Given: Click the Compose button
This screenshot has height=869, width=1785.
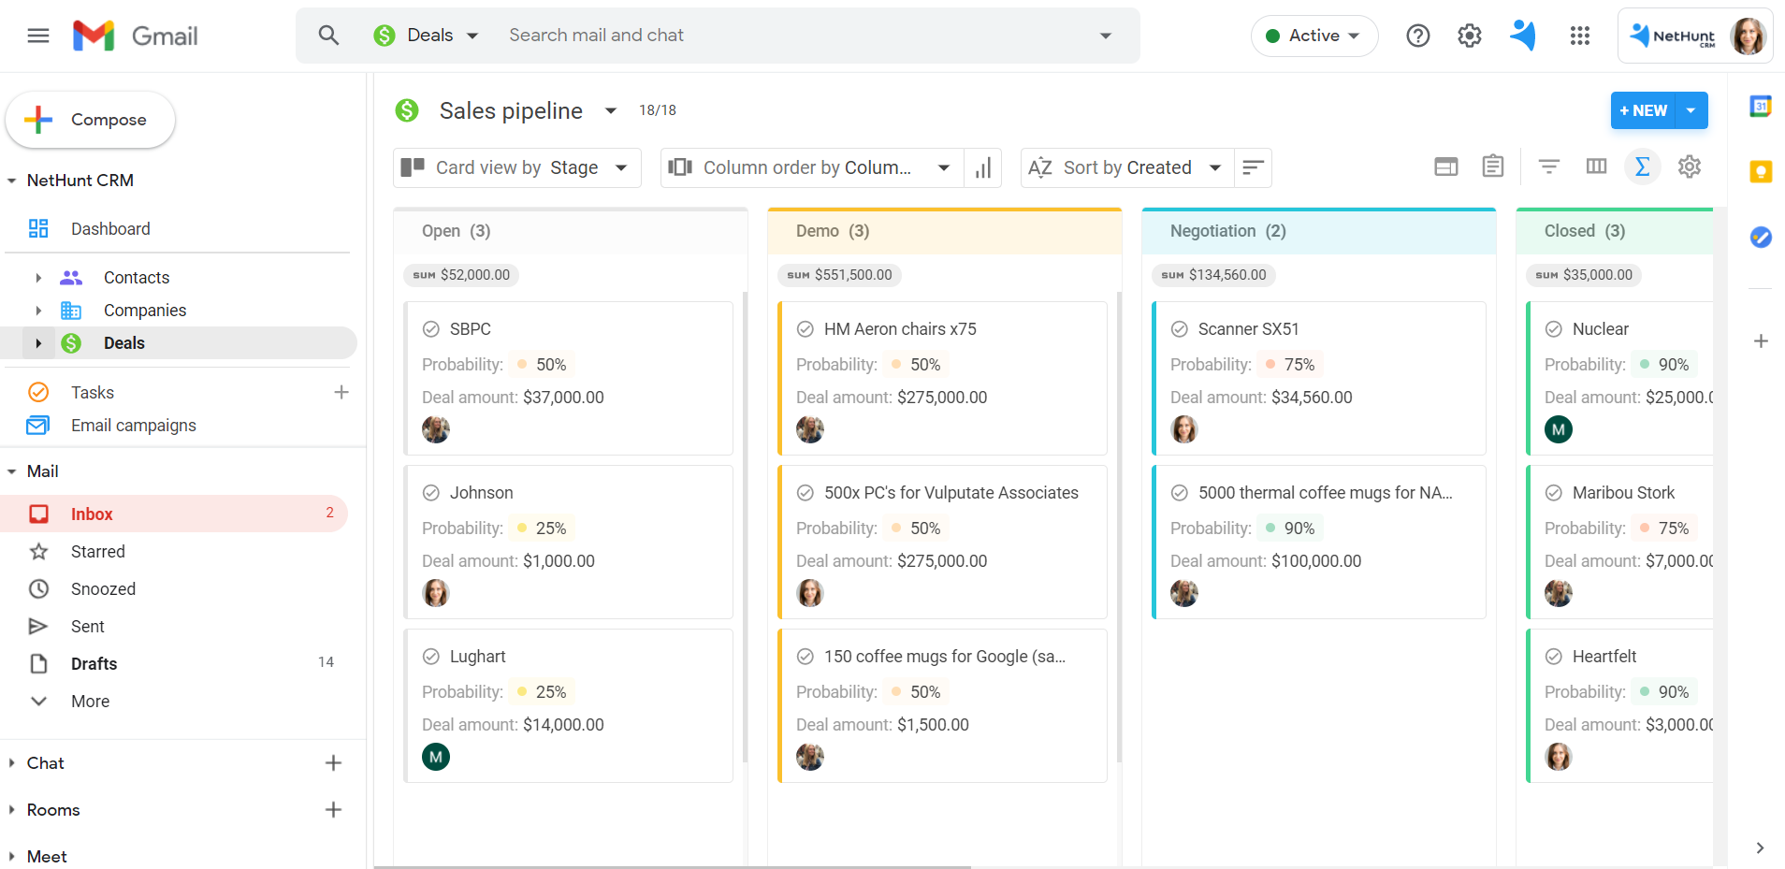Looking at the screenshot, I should point(91,120).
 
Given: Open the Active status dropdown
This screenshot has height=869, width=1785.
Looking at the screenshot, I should point(1313,36).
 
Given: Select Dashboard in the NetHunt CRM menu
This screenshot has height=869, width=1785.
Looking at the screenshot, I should point(109,229).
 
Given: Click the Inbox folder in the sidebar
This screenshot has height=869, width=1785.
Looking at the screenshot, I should point(92,514).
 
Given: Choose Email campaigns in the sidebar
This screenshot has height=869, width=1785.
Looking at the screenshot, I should point(133,426).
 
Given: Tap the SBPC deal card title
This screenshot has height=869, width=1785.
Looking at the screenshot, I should point(470,329).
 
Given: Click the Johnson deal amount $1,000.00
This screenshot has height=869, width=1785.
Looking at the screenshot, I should point(559,561).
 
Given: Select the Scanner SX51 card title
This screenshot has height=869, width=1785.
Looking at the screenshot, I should point(1248,329).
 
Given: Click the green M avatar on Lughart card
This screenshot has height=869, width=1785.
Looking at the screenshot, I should point(436,757).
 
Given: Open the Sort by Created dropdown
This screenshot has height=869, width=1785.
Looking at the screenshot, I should point(1126,167).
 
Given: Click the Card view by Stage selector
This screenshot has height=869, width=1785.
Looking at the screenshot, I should point(516,167).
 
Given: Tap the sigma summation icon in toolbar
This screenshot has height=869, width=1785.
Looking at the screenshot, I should point(1642,167).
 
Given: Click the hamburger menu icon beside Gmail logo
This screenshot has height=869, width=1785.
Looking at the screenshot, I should point(38,36).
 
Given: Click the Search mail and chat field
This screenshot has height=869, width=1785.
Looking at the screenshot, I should point(795,36).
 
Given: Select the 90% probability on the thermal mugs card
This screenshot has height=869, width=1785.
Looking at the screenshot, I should point(1299,529).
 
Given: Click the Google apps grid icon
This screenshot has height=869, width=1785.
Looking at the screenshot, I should point(1580,36).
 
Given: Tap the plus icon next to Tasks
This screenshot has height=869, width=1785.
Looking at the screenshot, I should point(341,393).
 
